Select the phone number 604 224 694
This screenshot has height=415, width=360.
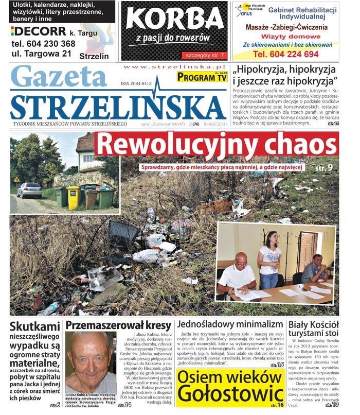click(x=286, y=54)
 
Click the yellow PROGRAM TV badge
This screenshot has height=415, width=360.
click(x=201, y=77)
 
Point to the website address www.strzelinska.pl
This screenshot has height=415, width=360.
click(x=175, y=67)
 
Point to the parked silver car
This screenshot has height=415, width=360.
click(x=29, y=190)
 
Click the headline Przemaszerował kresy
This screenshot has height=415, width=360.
click(x=118, y=325)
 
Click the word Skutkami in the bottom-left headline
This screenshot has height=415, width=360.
click(x=35, y=326)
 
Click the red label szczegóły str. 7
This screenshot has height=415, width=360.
click(x=204, y=55)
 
